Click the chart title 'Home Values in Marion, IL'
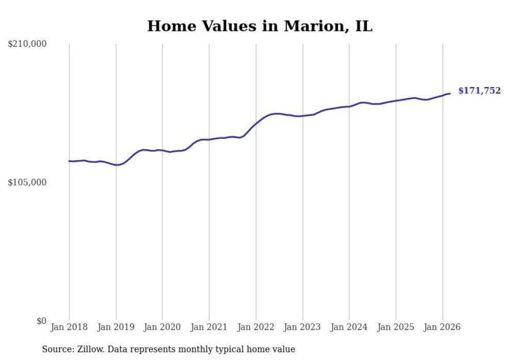(260, 26)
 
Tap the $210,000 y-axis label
(27, 44)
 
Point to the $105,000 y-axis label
(27, 182)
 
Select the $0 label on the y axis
(41, 321)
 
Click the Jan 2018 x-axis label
(69, 327)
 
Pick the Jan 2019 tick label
(116, 327)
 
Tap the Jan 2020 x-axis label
(162, 327)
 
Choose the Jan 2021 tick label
(209, 327)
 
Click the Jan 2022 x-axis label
(256, 327)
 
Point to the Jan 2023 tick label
(302, 327)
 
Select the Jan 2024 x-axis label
(349, 327)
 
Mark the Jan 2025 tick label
(396, 327)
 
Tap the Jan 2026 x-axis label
(443, 327)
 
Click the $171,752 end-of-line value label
(479, 91)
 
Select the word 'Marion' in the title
(310, 26)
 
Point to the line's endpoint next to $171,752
(450, 93)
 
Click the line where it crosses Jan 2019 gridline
(116, 165)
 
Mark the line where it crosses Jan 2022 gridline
(256, 123)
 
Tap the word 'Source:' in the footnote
(57, 349)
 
